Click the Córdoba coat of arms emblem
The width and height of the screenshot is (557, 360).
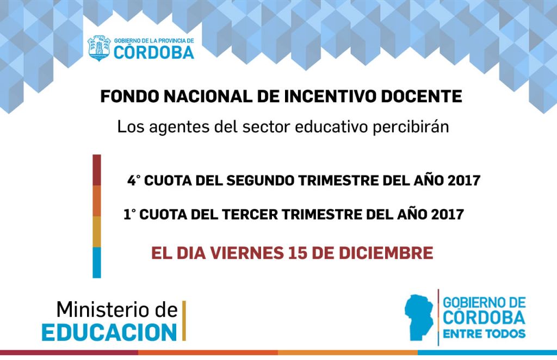point(99,48)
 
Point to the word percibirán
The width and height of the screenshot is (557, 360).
point(411,127)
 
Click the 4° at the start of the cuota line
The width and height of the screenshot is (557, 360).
point(134,181)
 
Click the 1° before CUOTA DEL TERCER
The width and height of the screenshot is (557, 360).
point(129,214)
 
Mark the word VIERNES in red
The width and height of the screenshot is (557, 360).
point(247,253)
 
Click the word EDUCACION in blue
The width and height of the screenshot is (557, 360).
point(109,333)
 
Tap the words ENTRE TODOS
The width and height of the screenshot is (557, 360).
point(484,334)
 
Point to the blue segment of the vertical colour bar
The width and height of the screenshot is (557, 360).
point(97,263)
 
